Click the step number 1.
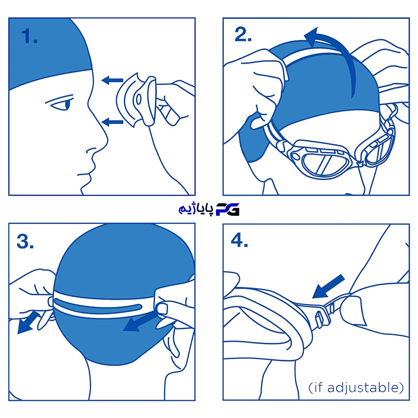29,36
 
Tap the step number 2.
243,34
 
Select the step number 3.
25,242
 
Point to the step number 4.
239,240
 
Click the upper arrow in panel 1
112,80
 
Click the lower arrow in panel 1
112,122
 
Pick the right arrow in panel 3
140,322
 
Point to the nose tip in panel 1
107,140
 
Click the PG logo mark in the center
227,209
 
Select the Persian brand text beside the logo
196,209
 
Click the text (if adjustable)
356,387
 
